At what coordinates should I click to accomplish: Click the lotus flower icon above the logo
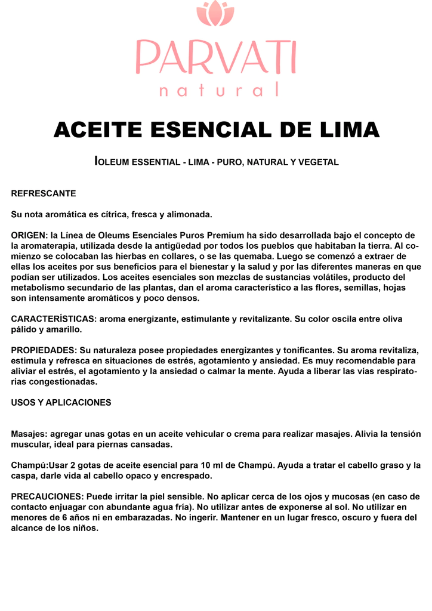[215, 14]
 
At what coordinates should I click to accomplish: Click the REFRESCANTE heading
[44, 193]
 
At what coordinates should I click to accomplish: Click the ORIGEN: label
[29, 235]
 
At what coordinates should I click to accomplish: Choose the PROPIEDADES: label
[44, 350]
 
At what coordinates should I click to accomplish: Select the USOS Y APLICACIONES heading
[61, 403]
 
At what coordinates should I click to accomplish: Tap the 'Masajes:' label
[29, 434]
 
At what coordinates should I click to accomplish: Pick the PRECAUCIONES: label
[47, 496]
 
